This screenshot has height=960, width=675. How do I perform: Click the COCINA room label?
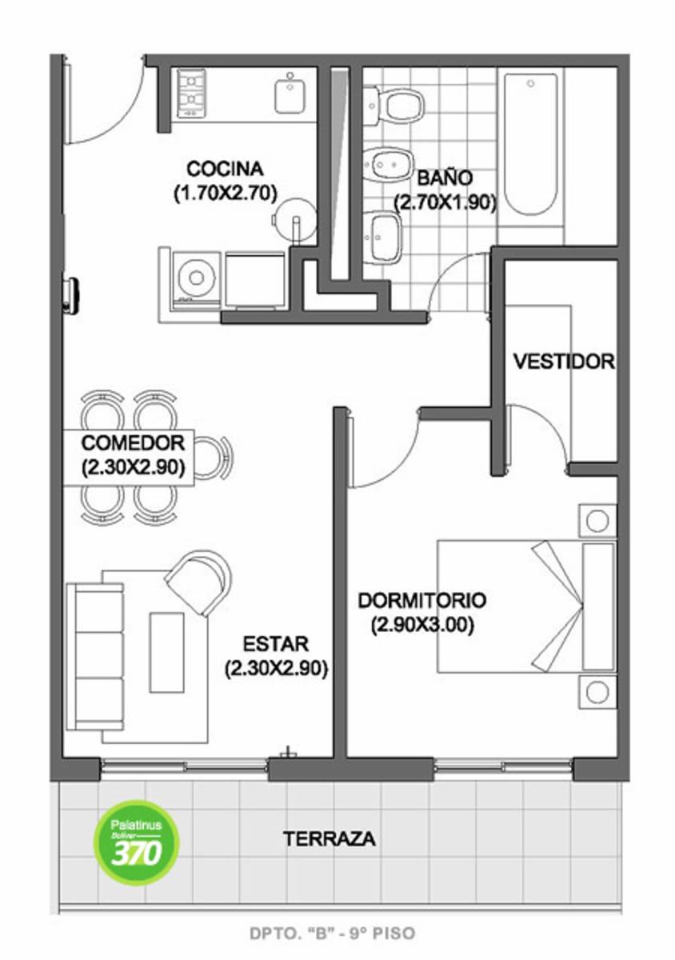coord(225,169)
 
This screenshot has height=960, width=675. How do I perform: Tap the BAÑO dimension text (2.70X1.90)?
coord(445,203)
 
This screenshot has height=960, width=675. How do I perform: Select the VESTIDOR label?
coord(564,362)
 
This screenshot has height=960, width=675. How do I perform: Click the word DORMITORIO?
coord(422,601)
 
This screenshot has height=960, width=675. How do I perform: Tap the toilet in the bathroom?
coord(393,106)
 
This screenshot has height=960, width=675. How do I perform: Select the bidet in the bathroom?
coord(389,165)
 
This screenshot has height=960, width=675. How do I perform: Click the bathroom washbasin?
coord(384,236)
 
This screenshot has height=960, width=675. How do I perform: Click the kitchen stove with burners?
coord(191,93)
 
